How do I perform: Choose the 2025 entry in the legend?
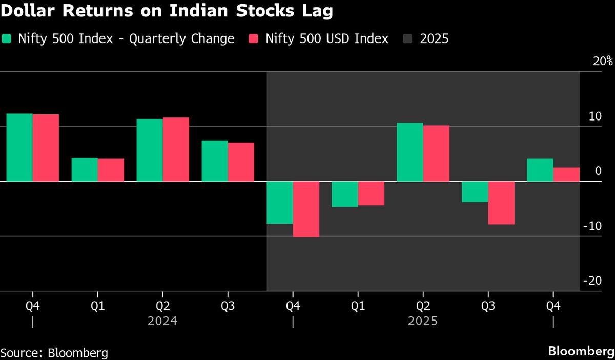(434, 39)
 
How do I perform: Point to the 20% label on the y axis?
(602, 61)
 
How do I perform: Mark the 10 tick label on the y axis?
(594, 116)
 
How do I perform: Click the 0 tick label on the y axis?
(598, 171)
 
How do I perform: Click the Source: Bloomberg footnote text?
(54, 353)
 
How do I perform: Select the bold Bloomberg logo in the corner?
(581, 352)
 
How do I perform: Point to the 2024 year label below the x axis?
(162, 322)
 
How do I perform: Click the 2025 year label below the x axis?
(423, 322)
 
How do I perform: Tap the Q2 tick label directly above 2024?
(162, 306)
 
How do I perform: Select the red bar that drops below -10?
(306, 209)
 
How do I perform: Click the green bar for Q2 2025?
(410, 152)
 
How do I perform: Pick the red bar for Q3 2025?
(501, 203)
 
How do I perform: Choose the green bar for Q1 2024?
(85, 170)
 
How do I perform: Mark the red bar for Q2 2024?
(176, 149)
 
